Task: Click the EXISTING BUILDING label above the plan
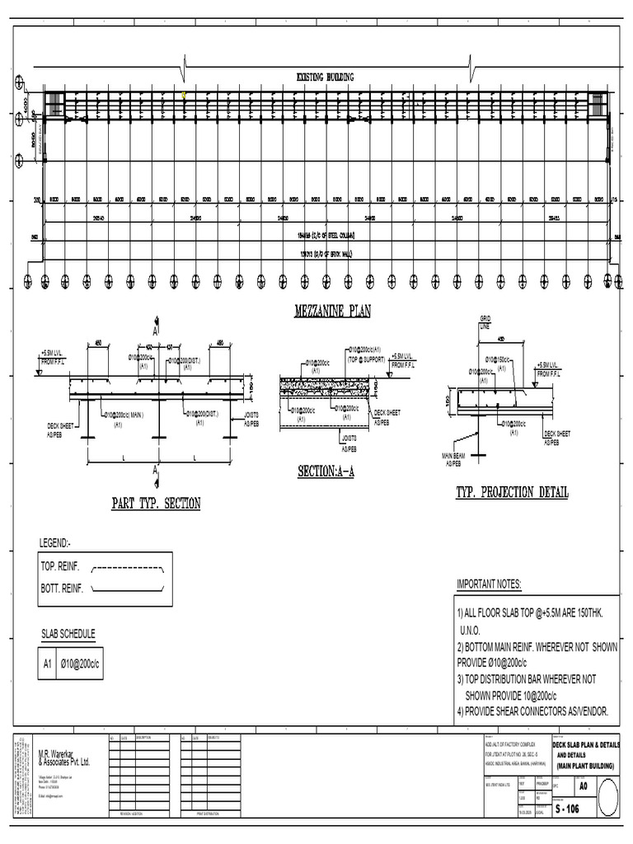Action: [x=325, y=77]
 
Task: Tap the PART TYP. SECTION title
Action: [x=156, y=504]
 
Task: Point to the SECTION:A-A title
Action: [x=326, y=472]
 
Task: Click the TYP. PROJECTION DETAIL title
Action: [x=512, y=493]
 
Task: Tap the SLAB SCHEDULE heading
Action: [x=68, y=634]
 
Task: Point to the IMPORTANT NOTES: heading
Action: [x=489, y=584]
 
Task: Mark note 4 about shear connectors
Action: [x=536, y=710]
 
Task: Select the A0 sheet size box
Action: [x=584, y=786]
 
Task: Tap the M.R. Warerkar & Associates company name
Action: [x=64, y=758]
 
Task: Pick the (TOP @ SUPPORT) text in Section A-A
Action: [x=366, y=361]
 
